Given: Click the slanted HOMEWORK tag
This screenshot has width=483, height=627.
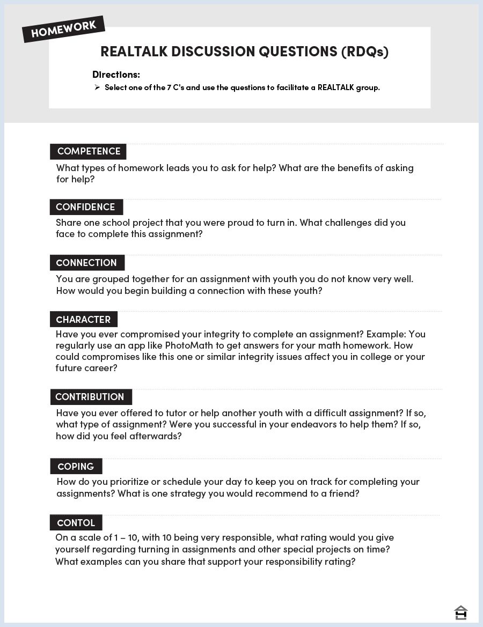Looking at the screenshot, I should (63, 29).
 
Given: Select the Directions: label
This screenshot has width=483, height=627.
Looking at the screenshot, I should (116, 75).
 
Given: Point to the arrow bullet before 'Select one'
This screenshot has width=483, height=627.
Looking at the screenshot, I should (97, 87).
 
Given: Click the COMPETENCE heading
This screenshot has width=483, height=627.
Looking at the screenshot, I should (89, 151).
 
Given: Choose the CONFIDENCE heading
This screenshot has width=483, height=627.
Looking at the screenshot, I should (85, 207).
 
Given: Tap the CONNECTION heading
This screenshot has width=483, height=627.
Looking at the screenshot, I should (86, 263).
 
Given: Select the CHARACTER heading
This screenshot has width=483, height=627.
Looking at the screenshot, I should (83, 320).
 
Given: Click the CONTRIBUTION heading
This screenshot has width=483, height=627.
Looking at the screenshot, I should (90, 397).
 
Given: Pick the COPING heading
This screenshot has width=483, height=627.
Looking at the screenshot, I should (76, 467).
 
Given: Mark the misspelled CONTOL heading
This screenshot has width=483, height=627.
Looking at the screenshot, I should (76, 523).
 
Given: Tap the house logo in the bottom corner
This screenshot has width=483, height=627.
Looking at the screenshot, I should (460, 613).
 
